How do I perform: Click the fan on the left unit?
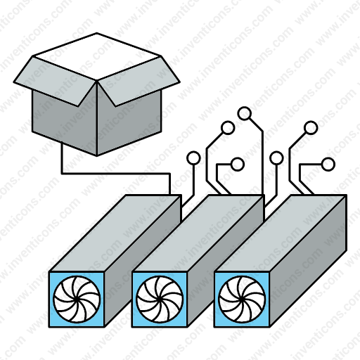[x=77, y=300]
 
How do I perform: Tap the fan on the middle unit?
[x=160, y=300]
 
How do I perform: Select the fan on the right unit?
[x=242, y=300]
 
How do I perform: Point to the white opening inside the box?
[x=97, y=56]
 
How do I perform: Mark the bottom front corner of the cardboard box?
[x=97, y=156]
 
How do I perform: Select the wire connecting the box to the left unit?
[x=115, y=174]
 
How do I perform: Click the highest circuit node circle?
[x=245, y=113]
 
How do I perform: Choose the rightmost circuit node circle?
[x=328, y=165]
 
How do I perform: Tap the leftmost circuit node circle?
[x=193, y=158]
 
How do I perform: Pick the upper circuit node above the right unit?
[x=311, y=128]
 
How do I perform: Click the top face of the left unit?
[x=115, y=233]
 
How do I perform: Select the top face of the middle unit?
[x=198, y=233]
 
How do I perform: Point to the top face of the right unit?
[x=281, y=233]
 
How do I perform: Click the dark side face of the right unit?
[x=308, y=261]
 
